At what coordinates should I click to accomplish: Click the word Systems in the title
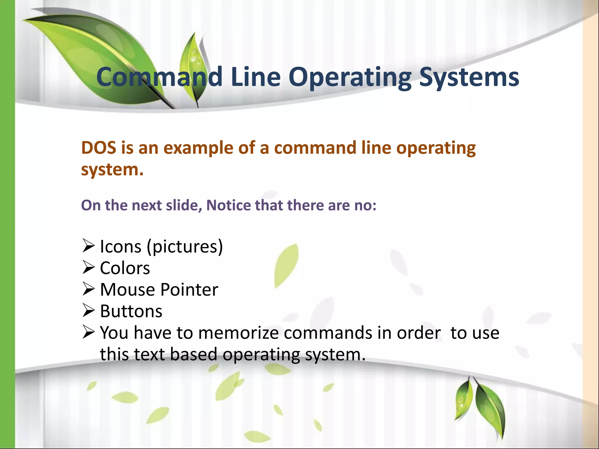[x=469, y=77]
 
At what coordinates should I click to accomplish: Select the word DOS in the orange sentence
[x=99, y=148]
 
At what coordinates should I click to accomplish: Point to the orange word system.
[x=112, y=170]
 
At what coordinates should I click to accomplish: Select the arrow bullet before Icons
[x=89, y=246]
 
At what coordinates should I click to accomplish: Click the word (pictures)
[x=185, y=246]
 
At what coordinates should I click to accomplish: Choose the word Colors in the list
[x=125, y=268]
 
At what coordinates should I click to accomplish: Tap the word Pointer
[x=189, y=289]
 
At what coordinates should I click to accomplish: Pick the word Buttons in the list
[x=131, y=311]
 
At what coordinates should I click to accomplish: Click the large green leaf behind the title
[x=97, y=50]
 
